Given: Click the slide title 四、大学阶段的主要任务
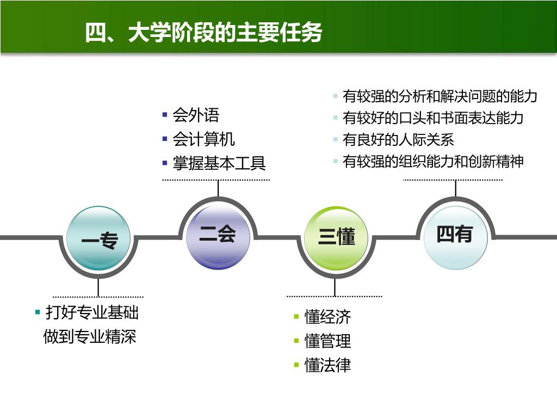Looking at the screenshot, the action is tap(203, 33).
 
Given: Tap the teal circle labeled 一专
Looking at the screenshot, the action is tap(98, 238).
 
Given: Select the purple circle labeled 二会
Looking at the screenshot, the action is tap(218, 236).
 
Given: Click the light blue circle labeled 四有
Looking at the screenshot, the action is tap(455, 235).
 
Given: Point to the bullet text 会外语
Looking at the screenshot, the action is tap(196, 115).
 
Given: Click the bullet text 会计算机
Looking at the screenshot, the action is tap(203, 139).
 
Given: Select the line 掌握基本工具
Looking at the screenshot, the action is tap(219, 163).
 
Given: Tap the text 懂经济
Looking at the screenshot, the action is tap(327, 317).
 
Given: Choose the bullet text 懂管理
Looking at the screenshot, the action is tap(327, 341).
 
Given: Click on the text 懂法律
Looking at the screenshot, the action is tap(327, 365).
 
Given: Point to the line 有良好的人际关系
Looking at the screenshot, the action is tap(398, 140).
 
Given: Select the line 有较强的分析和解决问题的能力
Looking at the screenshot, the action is tap(440, 97).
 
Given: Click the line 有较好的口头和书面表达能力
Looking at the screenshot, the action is tap(433, 118).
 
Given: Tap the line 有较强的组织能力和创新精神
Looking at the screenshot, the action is tap(433, 162).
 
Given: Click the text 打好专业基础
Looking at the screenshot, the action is tap(92, 313).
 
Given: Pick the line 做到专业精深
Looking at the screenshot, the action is tap(90, 336).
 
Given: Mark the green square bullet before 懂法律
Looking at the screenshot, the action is tap(296, 365).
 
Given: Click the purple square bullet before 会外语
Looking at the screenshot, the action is tap(165, 115).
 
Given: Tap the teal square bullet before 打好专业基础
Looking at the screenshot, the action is tap(38, 312).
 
